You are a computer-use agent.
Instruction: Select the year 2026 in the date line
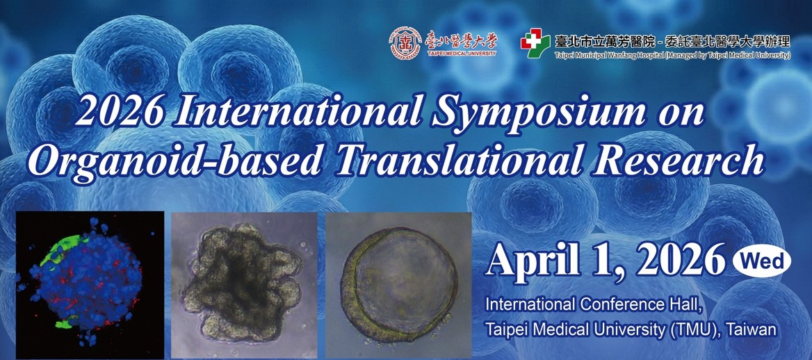point(681,259)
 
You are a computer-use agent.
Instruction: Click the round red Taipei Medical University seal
point(405,42)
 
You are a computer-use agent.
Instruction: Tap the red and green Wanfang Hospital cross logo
point(535,42)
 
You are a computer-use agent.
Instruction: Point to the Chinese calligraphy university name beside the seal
point(460,40)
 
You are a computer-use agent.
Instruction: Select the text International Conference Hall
point(594,304)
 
